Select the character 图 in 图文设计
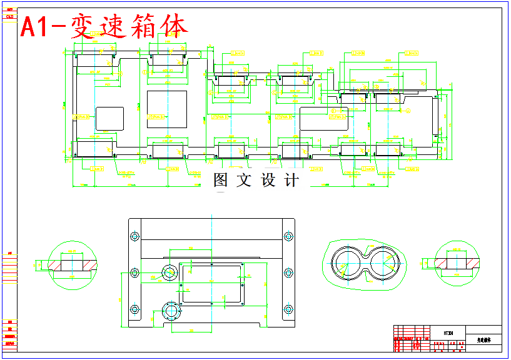click(221, 181)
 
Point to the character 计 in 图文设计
click(291, 181)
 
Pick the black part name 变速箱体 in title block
click(485, 341)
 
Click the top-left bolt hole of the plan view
click(134, 236)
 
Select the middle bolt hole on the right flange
click(288, 272)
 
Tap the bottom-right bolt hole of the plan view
click(288, 309)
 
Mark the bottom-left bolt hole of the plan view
click(134, 309)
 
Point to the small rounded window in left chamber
click(109, 119)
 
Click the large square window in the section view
click(166, 109)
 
